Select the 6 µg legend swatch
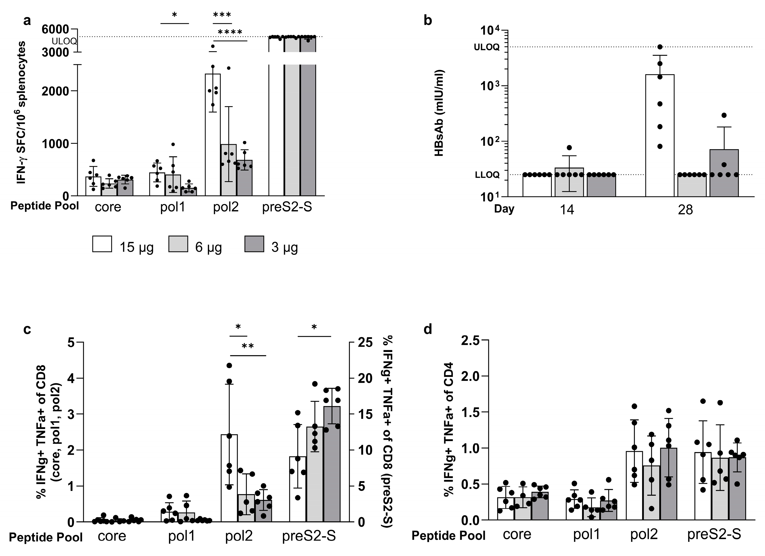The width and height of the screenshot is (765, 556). tap(178, 244)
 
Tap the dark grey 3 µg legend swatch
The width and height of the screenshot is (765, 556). tap(254, 244)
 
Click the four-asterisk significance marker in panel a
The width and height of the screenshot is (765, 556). tap(230, 33)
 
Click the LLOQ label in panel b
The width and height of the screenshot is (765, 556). tap(487, 175)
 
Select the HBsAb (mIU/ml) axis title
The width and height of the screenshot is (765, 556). tap(439, 113)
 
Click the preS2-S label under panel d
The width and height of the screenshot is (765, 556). tap(714, 534)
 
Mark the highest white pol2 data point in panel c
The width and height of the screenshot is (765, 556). tap(229, 365)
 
